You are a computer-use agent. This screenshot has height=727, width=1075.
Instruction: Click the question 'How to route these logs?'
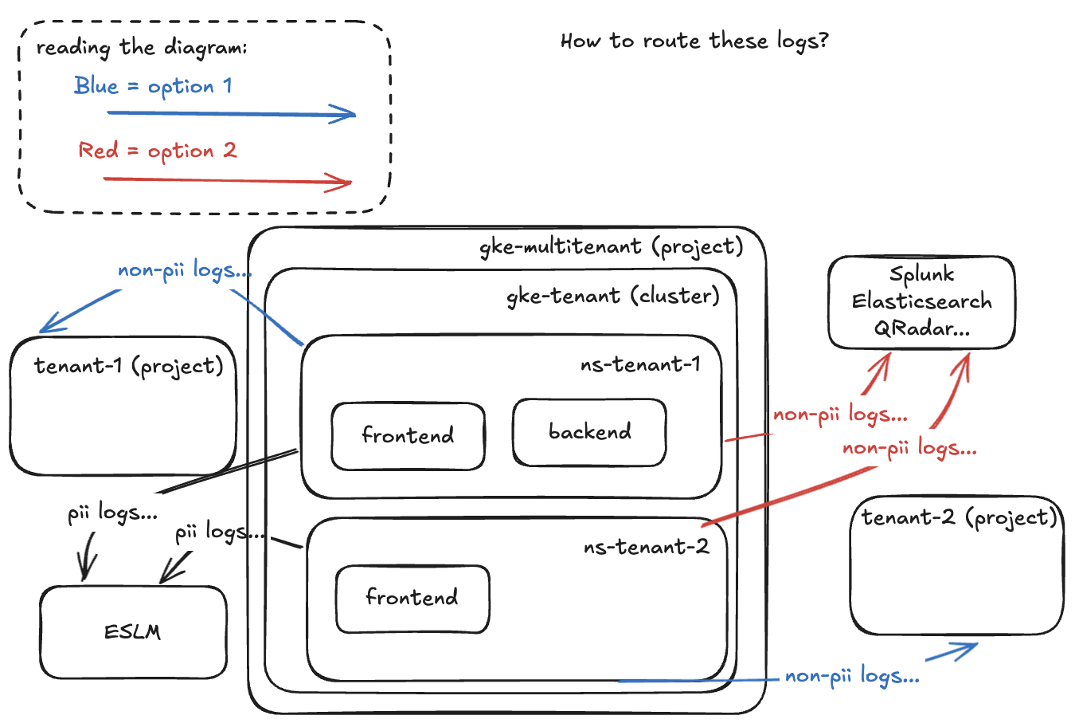click(694, 41)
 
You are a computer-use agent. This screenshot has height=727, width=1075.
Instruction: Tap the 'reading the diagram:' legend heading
click(142, 48)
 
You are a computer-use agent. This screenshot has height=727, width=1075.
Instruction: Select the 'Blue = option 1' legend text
click(153, 86)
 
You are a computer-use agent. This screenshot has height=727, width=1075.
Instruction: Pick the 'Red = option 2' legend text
click(157, 151)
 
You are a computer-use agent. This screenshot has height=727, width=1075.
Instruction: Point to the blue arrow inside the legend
click(231, 114)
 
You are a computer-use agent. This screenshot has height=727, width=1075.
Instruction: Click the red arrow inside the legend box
click(228, 181)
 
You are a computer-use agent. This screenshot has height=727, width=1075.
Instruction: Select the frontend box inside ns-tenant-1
click(408, 436)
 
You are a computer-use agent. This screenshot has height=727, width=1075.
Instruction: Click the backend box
click(589, 433)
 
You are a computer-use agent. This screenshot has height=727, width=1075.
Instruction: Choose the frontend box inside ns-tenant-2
click(412, 599)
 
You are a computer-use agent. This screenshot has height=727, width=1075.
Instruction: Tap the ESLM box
click(133, 633)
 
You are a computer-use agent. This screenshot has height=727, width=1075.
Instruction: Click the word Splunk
click(921, 275)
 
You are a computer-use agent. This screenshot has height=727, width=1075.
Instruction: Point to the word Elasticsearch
click(921, 302)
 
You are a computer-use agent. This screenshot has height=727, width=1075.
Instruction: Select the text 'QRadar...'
click(921, 328)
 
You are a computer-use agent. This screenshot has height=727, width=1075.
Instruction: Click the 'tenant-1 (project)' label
click(128, 367)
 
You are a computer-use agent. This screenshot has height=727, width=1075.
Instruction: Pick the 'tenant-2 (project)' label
click(959, 518)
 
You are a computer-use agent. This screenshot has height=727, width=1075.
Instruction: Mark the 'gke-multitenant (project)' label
click(611, 247)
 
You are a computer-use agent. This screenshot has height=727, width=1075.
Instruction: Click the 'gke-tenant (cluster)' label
click(612, 297)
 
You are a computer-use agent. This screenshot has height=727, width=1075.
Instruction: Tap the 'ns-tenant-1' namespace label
click(640, 365)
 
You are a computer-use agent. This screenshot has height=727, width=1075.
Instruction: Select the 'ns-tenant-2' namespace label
click(646, 548)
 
